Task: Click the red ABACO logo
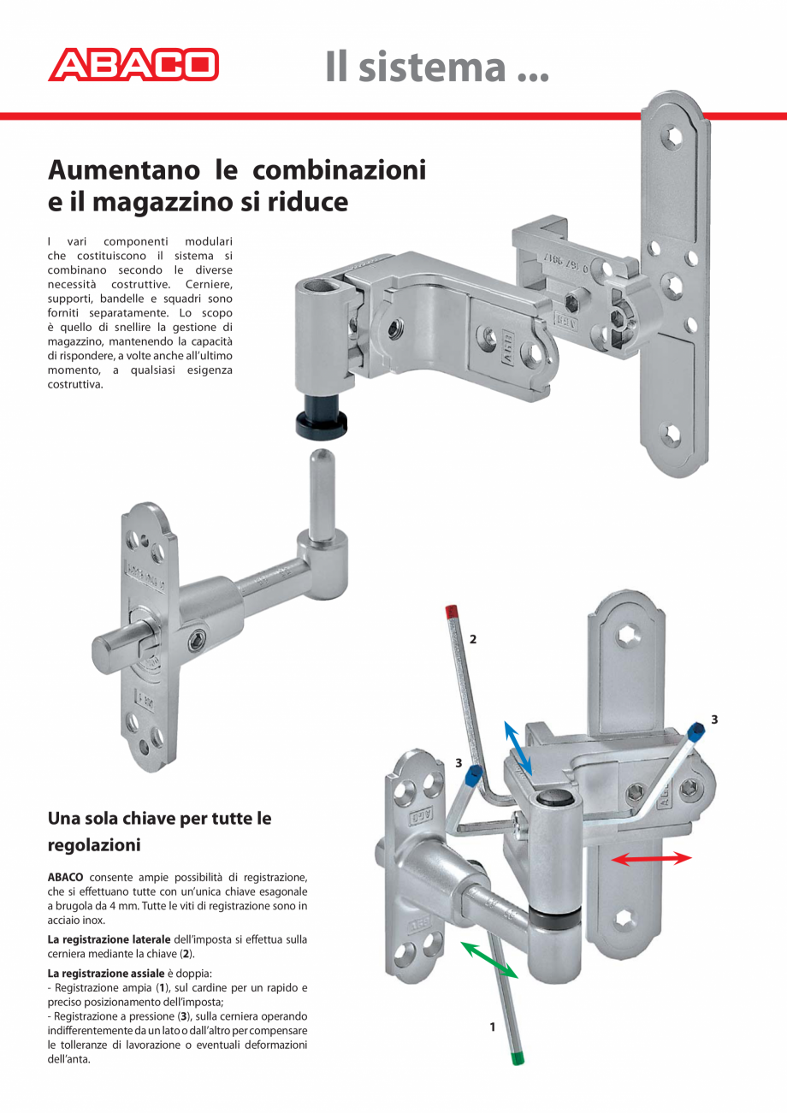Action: [x=133, y=65]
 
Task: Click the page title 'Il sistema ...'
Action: [x=436, y=67]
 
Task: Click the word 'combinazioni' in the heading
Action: [x=346, y=169]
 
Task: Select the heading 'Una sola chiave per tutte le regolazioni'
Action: [x=159, y=831]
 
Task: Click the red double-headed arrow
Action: [x=651, y=858]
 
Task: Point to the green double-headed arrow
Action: [x=489, y=958]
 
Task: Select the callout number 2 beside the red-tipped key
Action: [x=473, y=639]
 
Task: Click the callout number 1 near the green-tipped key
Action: [x=493, y=1027]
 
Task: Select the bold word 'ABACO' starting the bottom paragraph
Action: [x=65, y=878]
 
